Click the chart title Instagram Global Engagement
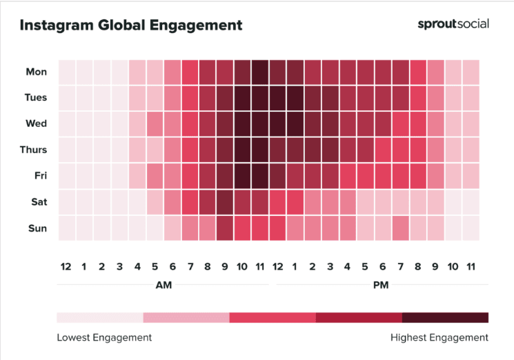click(130, 26)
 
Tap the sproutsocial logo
click(453, 24)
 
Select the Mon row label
click(36, 72)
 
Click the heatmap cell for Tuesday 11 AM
click(260, 98)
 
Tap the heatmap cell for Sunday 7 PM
click(401, 228)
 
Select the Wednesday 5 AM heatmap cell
click(155, 124)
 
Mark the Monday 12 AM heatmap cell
click(67, 72)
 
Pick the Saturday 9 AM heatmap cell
click(225, 202)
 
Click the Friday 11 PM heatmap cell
click(471, 176)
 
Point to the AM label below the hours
click(164, 284)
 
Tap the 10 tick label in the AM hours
click(242, 266)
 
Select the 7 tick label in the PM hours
click(401, 266)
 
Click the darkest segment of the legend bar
click(445, 318)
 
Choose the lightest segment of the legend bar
click(100, 318)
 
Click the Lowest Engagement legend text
click(104, 338)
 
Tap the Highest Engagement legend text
click(439, 338)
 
